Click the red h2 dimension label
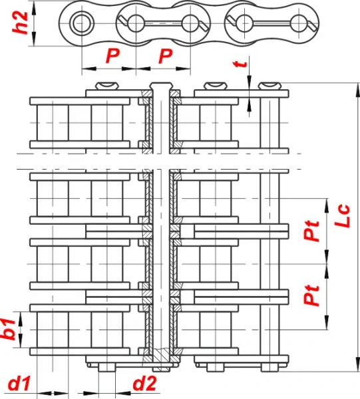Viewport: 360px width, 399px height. [x=21, y=23]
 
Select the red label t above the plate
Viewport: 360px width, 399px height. [x=241, y=64]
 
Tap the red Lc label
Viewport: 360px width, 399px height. [x=343, y=215]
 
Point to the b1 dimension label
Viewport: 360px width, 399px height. [x=9, y=329]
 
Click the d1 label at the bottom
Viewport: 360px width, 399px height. [x=19, y=384]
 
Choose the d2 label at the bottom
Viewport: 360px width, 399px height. [x=144, y=384]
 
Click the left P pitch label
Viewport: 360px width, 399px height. [x=112, y=56]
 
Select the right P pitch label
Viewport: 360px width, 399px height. [x=165, y=56]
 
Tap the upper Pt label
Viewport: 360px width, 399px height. [x=311, y=231]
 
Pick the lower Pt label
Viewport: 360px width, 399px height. [x=311, y=295]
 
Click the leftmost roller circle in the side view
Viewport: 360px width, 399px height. [x=81, y=23]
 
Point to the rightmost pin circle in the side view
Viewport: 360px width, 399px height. [x=299, y=23]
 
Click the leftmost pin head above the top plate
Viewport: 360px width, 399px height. [x=107, y=86]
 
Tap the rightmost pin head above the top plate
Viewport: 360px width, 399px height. [x=270, y=86]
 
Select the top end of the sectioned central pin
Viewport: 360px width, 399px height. [x=161, y=85]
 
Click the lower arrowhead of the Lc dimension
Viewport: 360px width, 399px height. [x=357, y=364]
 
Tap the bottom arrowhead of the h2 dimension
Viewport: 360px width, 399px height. [x=35, y=39]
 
